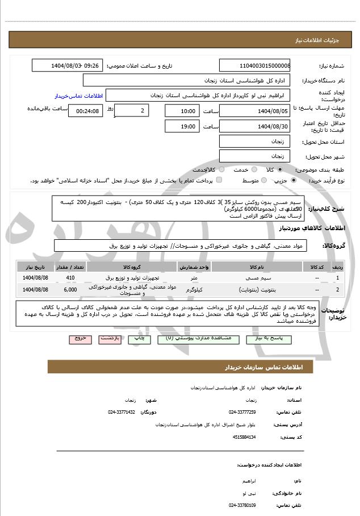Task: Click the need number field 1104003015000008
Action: [x=254, y=65]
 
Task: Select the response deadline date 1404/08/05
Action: [x=254, y=110]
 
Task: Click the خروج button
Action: [x=80, y=339]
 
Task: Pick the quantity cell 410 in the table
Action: [x=70, y=277]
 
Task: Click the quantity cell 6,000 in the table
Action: [x=70, y=290]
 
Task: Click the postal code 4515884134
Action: [x=244, y=436]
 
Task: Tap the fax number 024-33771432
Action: [x=122, y=412]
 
